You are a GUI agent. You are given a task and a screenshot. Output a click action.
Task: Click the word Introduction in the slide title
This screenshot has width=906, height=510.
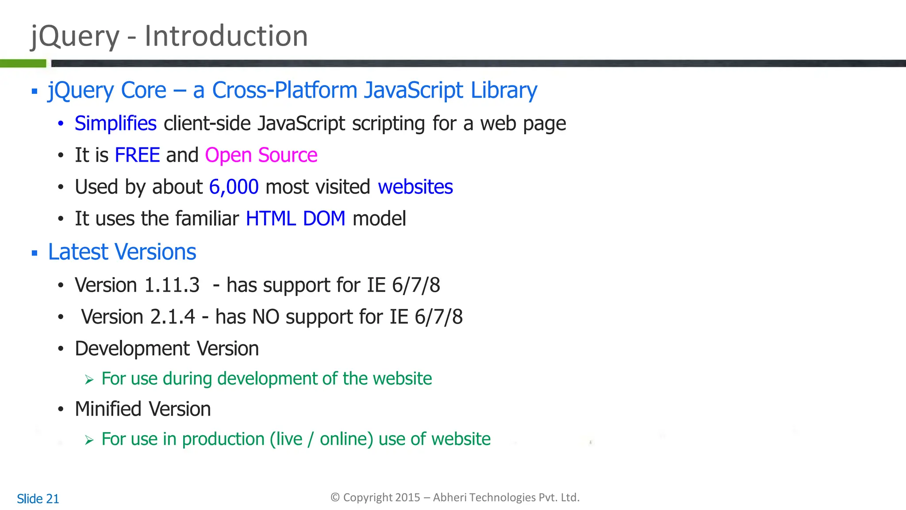point(226,36)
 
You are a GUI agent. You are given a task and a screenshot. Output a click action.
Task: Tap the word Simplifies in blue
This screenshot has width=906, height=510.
point(115,124)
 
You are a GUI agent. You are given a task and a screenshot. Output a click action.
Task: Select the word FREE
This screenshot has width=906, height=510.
point(137,155)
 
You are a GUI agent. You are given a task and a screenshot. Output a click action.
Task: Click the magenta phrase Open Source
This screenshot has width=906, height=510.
point(261,155)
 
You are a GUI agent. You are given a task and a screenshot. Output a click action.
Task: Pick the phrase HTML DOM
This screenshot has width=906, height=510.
point(295,219)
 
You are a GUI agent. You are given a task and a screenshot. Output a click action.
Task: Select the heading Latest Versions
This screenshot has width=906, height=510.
point(122,252)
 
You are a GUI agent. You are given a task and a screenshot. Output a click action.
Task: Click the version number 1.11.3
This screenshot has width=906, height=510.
point(172,285)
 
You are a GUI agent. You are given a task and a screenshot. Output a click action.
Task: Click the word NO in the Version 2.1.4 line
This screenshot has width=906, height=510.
point(265,317)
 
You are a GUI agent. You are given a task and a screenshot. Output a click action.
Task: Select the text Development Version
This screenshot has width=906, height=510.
point(167,349)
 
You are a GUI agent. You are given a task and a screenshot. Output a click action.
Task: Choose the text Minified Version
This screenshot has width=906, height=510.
point(142,409)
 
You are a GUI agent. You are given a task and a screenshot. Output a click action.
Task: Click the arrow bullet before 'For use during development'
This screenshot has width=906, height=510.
point(89,380)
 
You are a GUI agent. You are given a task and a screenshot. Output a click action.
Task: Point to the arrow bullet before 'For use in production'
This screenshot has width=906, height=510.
point(89,440)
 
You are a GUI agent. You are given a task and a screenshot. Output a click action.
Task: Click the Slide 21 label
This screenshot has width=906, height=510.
point(38,499)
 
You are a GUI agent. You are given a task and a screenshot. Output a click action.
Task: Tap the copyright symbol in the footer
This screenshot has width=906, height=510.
point(335,498)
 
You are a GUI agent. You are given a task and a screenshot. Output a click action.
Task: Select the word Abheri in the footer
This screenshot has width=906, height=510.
point(449,498)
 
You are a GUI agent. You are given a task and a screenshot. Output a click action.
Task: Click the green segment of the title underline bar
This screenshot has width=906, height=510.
point(23,63)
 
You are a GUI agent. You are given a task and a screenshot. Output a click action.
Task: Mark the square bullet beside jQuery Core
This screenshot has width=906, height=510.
point(35,92)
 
